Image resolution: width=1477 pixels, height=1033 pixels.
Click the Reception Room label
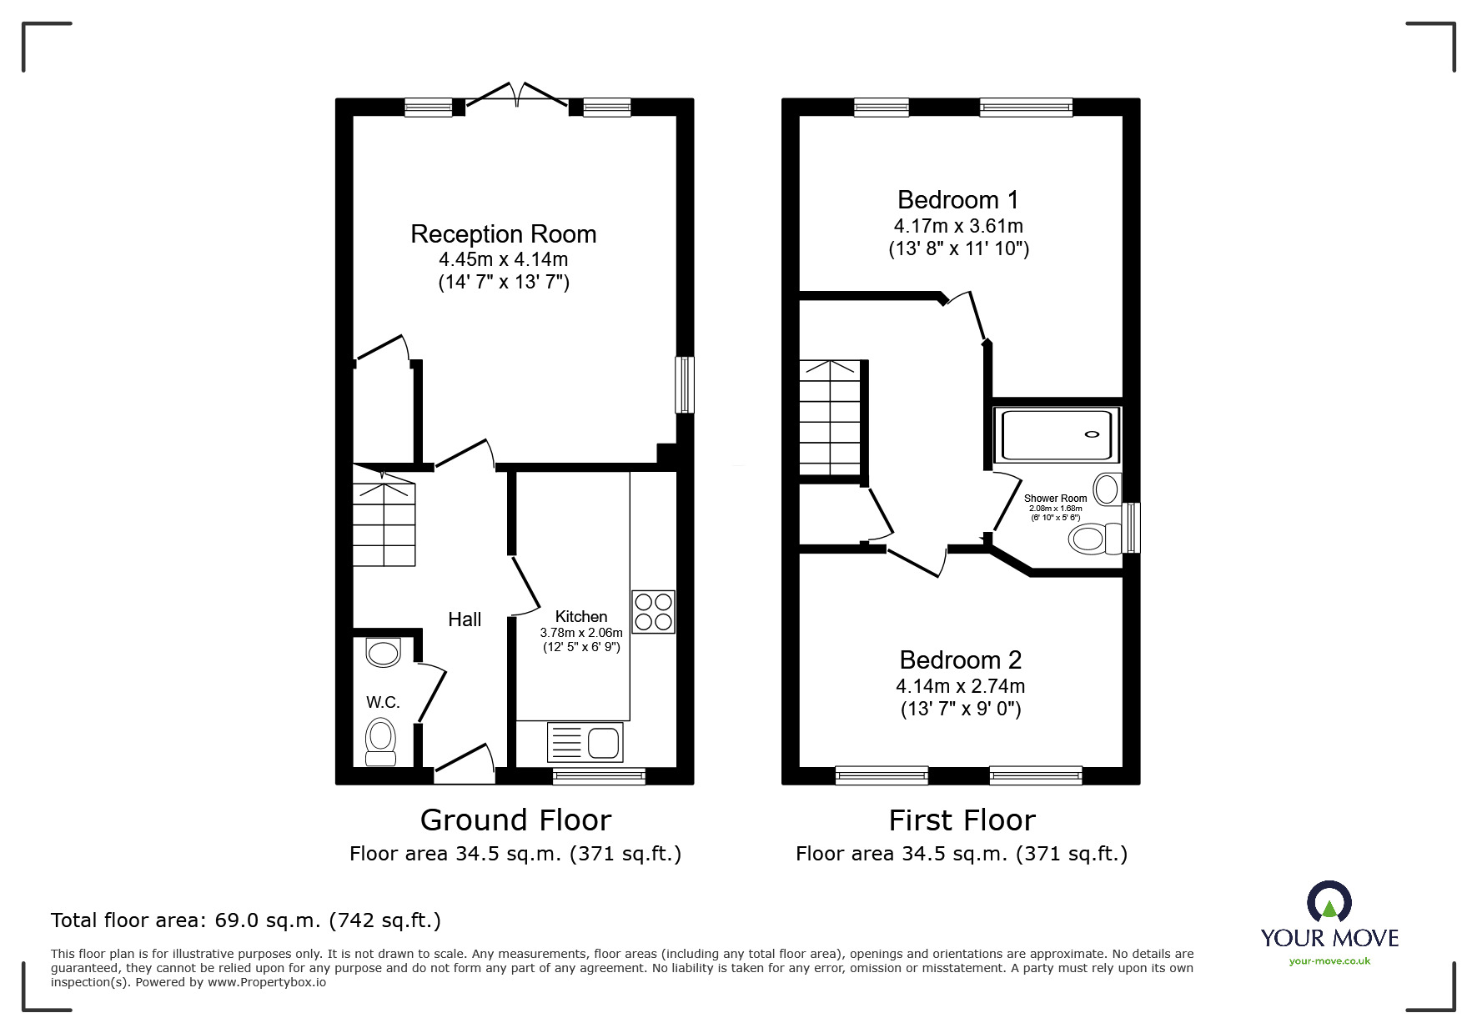tap(503, 234)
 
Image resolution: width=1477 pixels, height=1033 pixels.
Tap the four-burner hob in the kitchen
tap(654, 612)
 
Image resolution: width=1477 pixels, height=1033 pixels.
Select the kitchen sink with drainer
tap(585, 741)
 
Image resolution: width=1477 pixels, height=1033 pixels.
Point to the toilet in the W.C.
tap(381, 742)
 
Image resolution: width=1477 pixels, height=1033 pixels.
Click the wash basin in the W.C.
tap(384, 652)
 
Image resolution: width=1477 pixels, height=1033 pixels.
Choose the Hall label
tap(465, 619)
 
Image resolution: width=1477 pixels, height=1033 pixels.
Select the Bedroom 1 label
tap(958, 200)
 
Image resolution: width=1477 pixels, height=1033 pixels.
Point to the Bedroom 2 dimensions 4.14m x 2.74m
tap(961, 686)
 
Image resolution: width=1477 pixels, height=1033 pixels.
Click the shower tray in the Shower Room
tap(1058, 434)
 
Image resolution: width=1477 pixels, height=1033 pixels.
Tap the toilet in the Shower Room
tap(1096, 539)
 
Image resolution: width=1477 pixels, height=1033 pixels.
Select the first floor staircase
tap(830, 418)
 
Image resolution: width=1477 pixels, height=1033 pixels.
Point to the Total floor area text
tap(246, 920)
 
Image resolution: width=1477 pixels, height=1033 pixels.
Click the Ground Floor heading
tap(515, 820)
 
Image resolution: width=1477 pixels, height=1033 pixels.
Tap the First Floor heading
tap(962, 820)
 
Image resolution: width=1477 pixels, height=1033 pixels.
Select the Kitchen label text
tap(581, 617)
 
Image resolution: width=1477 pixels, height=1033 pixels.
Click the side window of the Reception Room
tap(685, 384)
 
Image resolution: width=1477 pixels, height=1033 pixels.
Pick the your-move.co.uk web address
tap(1329, 961)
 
